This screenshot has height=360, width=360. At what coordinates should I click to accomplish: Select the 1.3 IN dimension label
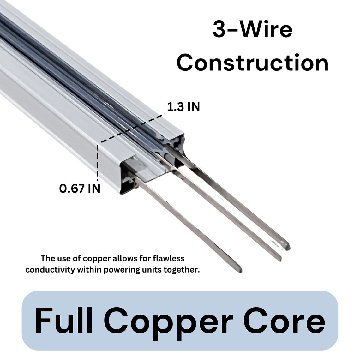pyautogui.click(x=183, y=107)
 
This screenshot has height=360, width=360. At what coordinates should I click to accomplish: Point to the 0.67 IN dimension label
pyautogui.click(x=80, y=189)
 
